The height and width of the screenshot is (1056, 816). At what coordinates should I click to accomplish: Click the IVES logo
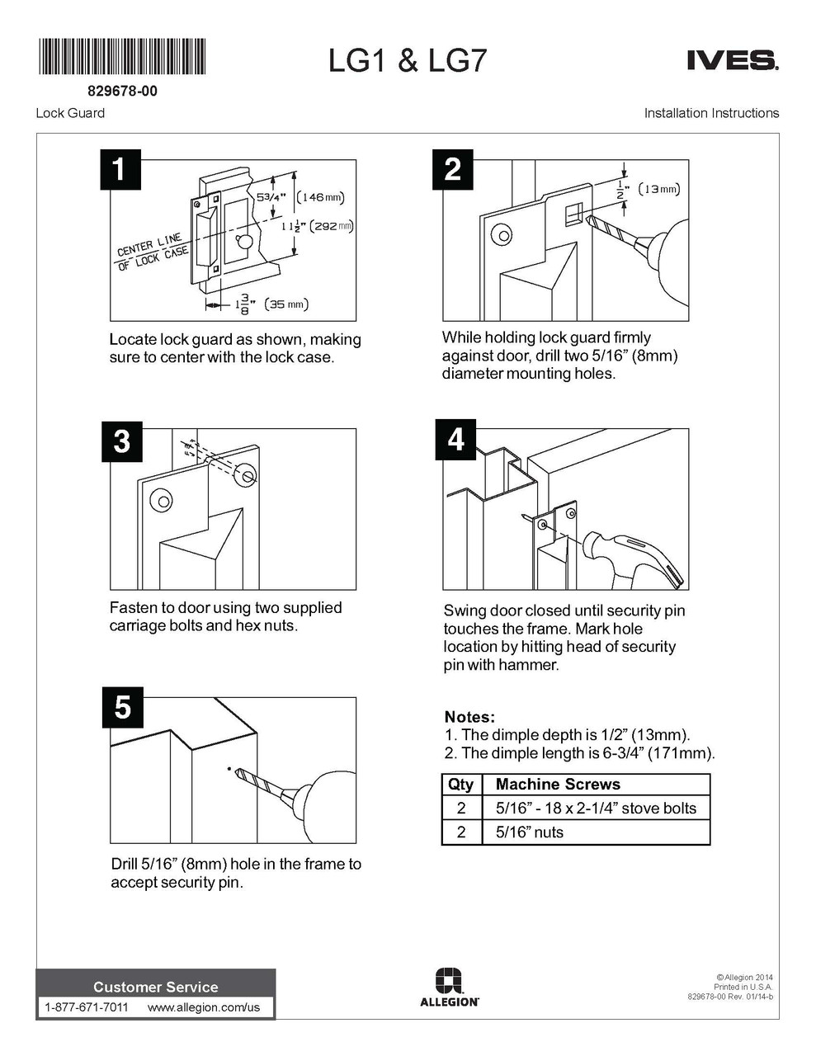tap(733, 61)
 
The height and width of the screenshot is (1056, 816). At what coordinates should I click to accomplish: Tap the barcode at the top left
tap(122, 56)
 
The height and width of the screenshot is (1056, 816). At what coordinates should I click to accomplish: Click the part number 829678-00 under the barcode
tap(122, 92)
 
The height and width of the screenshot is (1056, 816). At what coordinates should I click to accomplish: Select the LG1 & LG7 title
tap(408, 61)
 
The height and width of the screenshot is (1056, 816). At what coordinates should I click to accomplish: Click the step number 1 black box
tap(120, 170)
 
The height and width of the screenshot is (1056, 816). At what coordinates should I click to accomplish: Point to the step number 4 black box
tap(456, 439)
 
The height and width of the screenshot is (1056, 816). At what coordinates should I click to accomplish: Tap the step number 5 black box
tap(122, 707)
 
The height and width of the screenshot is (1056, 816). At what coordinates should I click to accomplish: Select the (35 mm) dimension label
tap(286, 304)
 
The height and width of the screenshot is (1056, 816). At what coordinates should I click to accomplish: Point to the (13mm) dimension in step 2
tap(658, 189)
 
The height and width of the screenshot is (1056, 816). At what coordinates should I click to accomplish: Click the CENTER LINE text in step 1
tap(149, 244)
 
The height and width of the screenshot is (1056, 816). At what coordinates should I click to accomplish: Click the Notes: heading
tap(469, 717)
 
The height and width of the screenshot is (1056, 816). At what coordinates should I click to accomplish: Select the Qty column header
tap(460, 785)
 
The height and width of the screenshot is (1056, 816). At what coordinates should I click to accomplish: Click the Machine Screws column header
tap(558, 784)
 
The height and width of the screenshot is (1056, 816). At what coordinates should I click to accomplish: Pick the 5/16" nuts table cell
tap(529, 832)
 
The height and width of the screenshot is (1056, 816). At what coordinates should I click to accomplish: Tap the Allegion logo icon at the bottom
tap(449, 980)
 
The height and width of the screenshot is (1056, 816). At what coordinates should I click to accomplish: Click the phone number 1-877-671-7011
tap(87, 1007)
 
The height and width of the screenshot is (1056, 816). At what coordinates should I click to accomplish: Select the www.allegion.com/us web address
tap(204, 1007)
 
